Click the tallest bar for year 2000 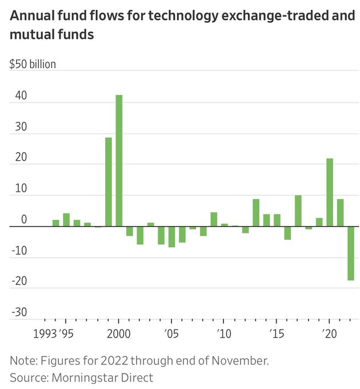click(119, 161)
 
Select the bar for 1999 click(109, 182)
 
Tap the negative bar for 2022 click(350, 253)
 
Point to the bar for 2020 click(330, 192)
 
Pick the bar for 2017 click(298, 211)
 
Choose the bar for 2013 click(256, 213)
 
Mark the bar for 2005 click(171, 237)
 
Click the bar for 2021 click(340, 213)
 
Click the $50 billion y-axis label click(33, 64)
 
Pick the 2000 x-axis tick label click(119, 334)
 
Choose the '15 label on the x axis click(277, 334)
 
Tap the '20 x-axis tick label click(329, 334)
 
